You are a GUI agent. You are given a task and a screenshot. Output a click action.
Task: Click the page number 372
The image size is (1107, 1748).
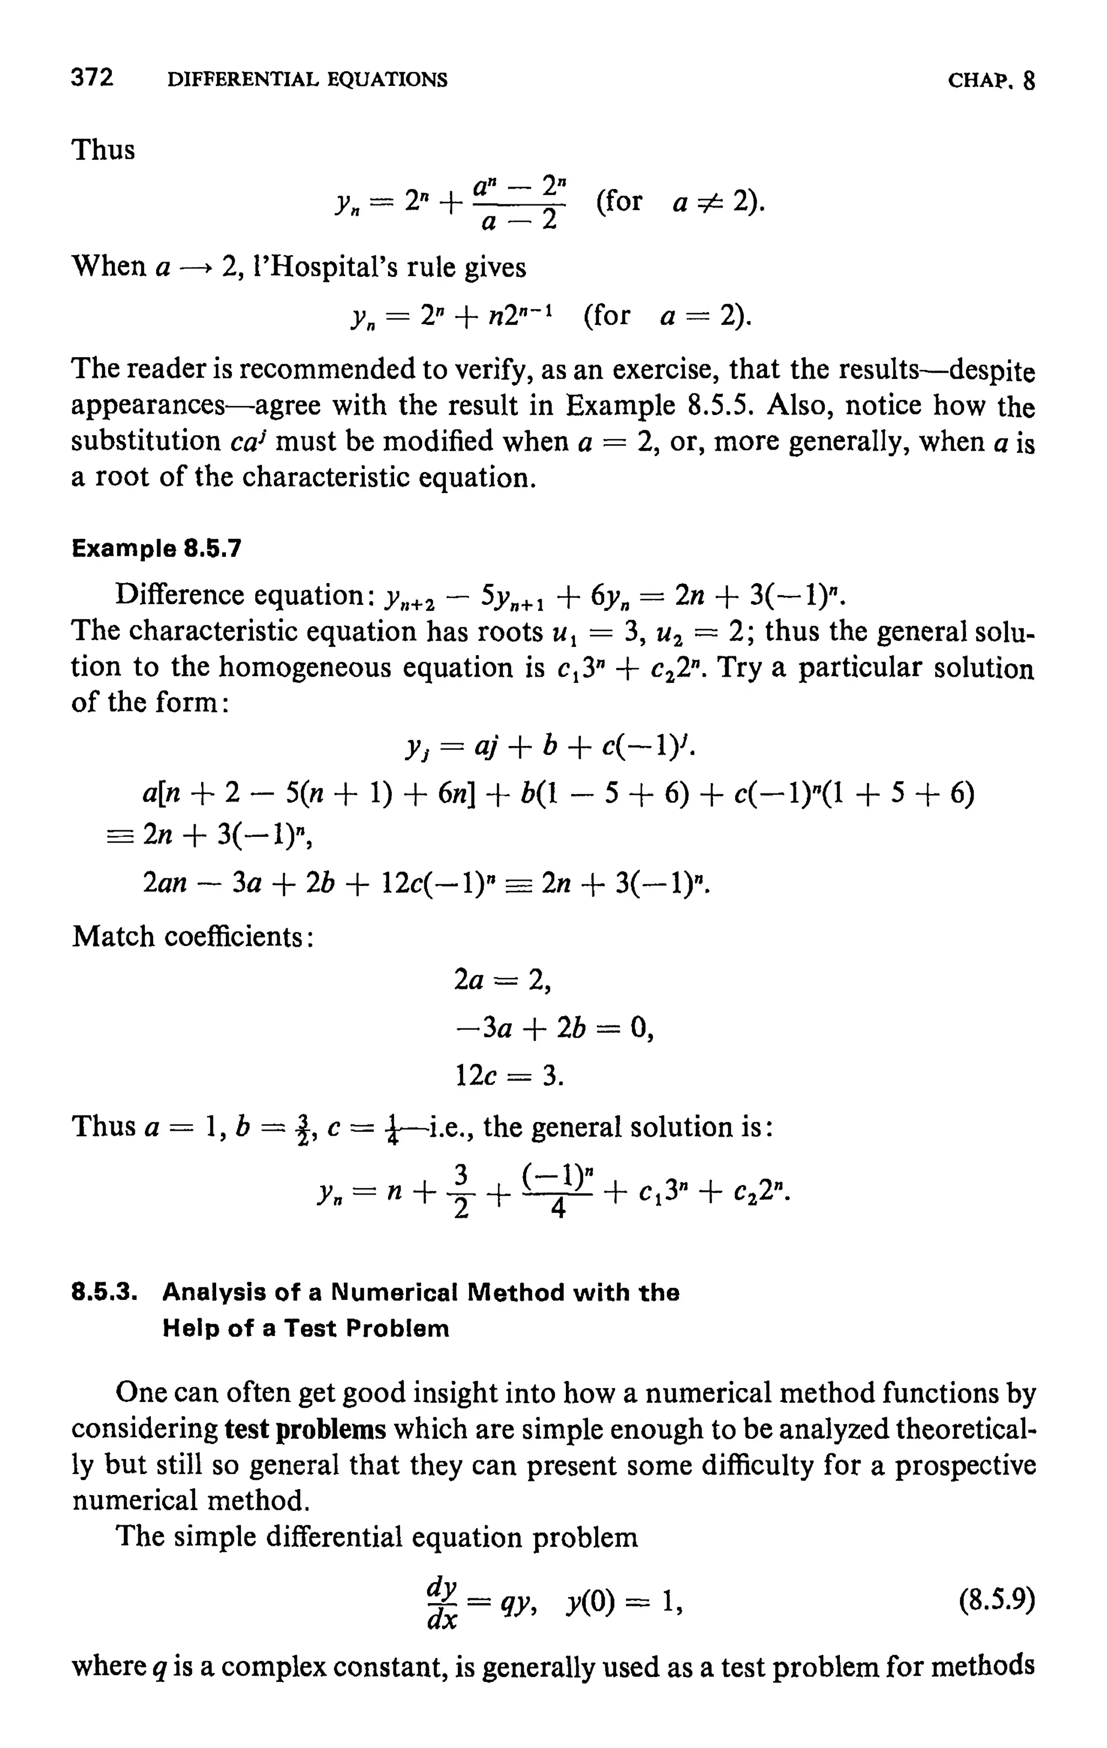92,78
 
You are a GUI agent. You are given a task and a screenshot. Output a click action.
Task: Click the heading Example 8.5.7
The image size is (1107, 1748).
156,548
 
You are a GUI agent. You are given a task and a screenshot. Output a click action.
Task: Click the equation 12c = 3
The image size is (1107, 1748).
509,1075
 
